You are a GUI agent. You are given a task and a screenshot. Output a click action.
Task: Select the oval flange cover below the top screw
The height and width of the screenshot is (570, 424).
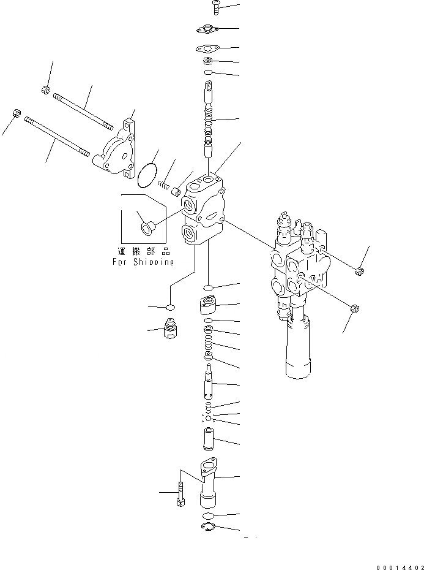click(x=207, y=29)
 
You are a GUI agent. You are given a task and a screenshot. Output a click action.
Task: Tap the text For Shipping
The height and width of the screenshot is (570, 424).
click(x=143, y=262)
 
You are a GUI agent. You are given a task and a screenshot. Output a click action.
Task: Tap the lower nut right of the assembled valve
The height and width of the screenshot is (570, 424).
click(x=354, y=308)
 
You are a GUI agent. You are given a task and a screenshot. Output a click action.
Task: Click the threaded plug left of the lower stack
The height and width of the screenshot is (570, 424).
click(x=171, y=330)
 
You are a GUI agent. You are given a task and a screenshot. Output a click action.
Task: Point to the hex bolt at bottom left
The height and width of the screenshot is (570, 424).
click(x=181, y=493)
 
